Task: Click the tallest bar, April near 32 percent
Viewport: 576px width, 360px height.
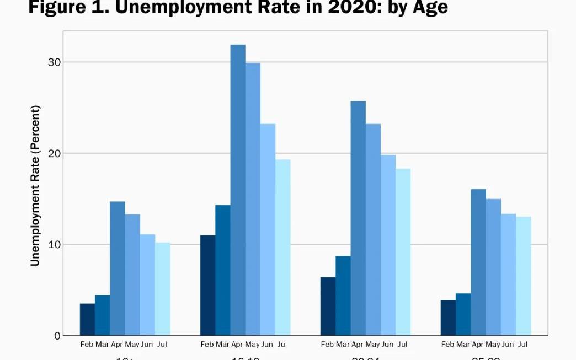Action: click(238, 190)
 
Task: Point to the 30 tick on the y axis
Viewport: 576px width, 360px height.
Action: click(54, 62)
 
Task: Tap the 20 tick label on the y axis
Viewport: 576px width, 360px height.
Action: click(54, 153)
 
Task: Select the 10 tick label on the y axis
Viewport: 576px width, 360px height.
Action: click(54, 245)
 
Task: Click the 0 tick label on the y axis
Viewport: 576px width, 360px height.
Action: click(57, 336)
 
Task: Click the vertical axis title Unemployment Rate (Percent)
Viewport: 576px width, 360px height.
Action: click(35, 185)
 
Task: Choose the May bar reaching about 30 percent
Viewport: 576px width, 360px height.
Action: click(253, 199)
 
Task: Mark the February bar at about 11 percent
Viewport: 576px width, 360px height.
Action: click(207, 285)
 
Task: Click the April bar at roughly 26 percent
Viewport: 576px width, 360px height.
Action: click(358, 218)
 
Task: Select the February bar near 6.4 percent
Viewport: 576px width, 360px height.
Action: click(328, 306)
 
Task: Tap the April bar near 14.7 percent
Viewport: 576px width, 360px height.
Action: click(118, 268)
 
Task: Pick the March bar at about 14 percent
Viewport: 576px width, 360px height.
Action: click(223, 270)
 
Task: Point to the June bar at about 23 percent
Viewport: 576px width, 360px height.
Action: click(268, 229)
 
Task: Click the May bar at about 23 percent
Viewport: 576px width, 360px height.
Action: click(373, 229)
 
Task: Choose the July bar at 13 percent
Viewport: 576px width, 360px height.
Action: click(524, 276)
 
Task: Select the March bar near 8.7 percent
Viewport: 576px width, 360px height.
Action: click(343, 295)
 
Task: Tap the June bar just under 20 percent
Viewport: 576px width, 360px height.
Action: click(388, 245)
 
